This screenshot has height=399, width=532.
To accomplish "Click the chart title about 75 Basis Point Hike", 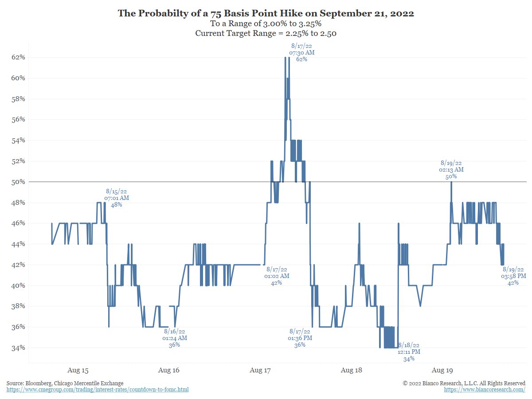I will click(266, 13).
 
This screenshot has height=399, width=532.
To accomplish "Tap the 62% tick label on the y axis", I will click(18, 57).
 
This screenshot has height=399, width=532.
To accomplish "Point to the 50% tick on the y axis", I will click(18, 182).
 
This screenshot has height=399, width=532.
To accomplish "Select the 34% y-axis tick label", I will click(18, 348).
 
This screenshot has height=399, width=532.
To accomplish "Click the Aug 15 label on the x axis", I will click(78, 370).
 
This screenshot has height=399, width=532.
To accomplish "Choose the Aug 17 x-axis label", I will click(260, 370).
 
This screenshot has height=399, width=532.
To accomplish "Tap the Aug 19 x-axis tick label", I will click(442, 370).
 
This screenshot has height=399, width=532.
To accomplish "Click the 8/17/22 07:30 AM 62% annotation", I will click(301, 52).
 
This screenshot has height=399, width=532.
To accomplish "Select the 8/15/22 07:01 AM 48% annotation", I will click(117, 198).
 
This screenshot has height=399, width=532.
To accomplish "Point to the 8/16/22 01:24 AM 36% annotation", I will click(175, 338).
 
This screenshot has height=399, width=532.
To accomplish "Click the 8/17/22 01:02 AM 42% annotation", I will click(277, 276).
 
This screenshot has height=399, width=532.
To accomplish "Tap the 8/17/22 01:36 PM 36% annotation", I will click(300, 338).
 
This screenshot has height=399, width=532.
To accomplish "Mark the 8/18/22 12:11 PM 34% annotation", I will click(409, 352).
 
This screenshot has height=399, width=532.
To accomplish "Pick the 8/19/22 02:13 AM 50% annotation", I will click(451, 170).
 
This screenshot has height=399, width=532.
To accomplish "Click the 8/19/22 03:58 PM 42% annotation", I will click(513, 276).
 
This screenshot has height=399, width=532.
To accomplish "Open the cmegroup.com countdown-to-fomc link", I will click(98, 390).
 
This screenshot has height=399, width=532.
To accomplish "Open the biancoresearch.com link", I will click(485, 390).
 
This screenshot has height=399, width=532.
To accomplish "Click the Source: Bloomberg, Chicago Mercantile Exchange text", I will click(65, 383).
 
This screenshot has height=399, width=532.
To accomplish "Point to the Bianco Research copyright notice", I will click(464, 383).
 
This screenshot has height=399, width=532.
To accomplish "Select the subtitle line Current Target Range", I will click(266, 34).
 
